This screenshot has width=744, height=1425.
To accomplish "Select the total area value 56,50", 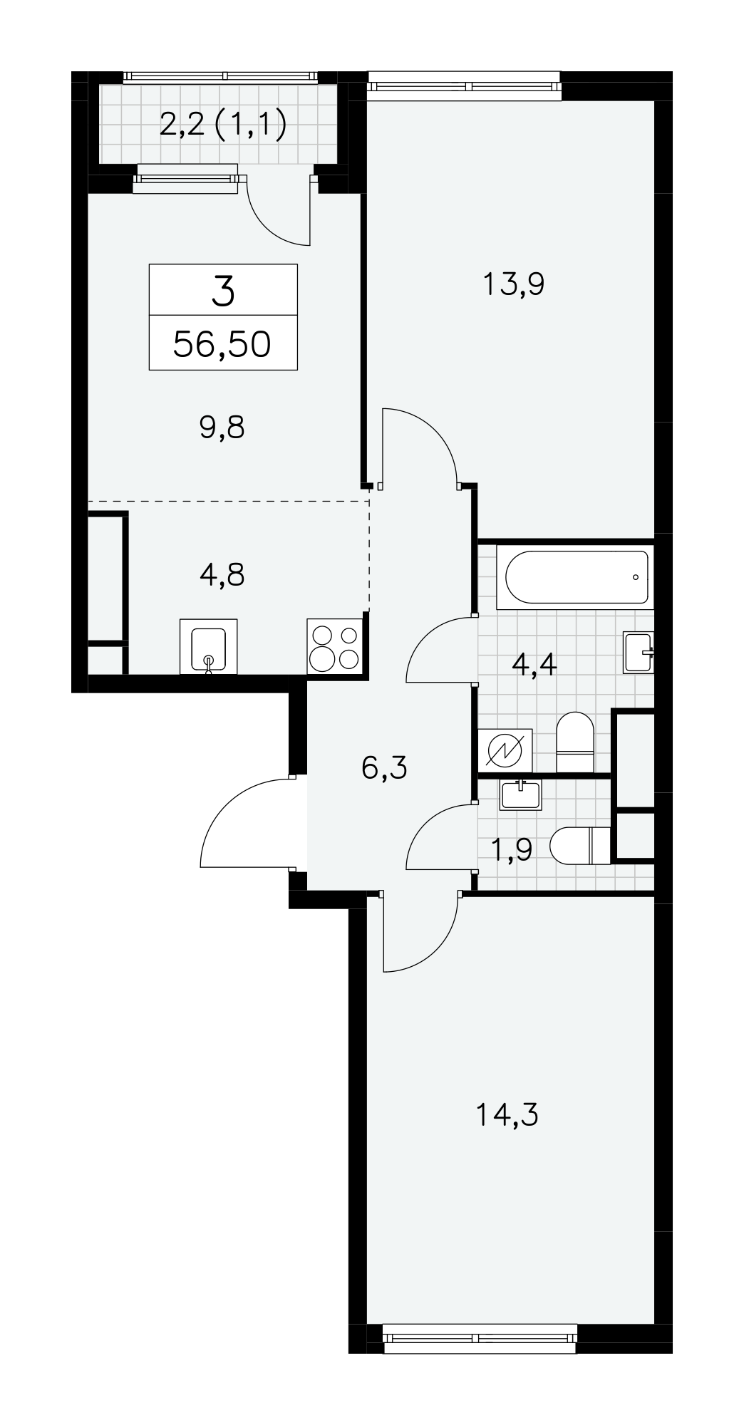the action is click(223, 344).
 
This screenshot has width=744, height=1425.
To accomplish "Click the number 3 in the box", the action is click(223, 292).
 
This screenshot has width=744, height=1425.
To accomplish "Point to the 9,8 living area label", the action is click(222, 429).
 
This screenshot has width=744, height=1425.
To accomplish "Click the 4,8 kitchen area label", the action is click(222, 574).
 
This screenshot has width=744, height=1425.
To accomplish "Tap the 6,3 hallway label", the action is click(384, 768).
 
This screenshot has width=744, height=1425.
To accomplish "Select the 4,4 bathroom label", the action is click(534, 667).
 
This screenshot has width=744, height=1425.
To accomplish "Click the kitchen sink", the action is click(209, 646).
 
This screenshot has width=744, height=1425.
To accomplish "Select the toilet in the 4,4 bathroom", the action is click(574, 742).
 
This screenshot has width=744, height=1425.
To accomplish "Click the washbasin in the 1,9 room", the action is click(521, 794).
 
